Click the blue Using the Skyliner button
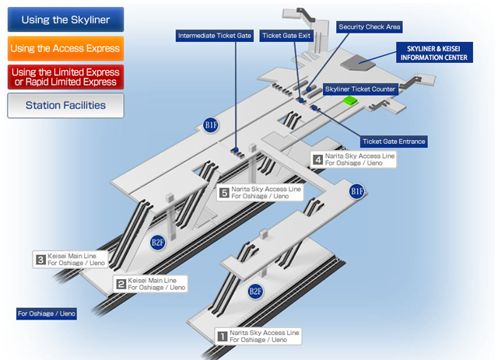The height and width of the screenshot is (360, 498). [65, 19]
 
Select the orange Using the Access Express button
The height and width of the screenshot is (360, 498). [65, 48]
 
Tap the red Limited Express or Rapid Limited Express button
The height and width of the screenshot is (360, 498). [65, 77]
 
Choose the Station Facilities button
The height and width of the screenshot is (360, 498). [65, 105]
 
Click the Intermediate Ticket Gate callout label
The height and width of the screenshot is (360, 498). [215, 36]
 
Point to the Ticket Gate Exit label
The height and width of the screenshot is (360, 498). [286, 36]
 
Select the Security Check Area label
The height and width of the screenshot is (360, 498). [370, 26]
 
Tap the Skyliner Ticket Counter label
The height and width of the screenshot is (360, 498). [360, 89]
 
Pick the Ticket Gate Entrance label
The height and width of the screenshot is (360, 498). [393, 142]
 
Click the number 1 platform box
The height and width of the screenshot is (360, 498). [222, 336]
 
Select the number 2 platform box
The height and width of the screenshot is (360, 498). [121, 284]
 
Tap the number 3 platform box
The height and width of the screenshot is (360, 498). [40, 259]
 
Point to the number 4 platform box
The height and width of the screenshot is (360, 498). [317, 159]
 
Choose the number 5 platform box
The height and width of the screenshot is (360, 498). [224, 192]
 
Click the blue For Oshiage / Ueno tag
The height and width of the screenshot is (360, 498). [47, 314]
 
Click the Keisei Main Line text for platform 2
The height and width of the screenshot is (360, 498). [153, 280]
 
